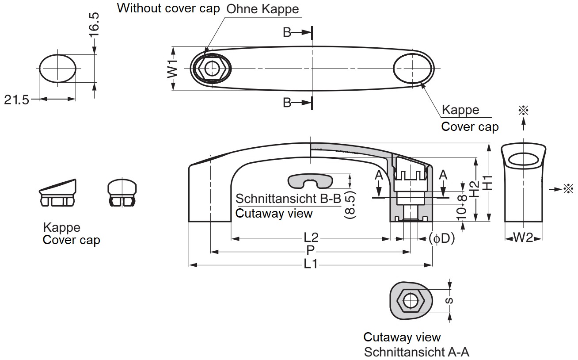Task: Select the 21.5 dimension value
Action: click(x=16, y=100)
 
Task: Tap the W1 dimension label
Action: click(x=173, y=69)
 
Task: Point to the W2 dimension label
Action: click(x=524, y=238)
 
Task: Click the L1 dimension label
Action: click(x=311, y=265)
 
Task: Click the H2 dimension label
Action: click(x=475, y=189)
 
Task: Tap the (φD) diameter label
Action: click(x=441, y=238)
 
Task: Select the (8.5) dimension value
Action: click(x=349, y=204)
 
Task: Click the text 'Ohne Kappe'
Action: click(x=262, y=9)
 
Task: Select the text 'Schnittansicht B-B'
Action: click(x=289, y=198)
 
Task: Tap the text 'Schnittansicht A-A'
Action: click(x=416, y=352)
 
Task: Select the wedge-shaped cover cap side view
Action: click(x=57, y=192)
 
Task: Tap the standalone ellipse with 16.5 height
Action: click(x=57, y=69)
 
